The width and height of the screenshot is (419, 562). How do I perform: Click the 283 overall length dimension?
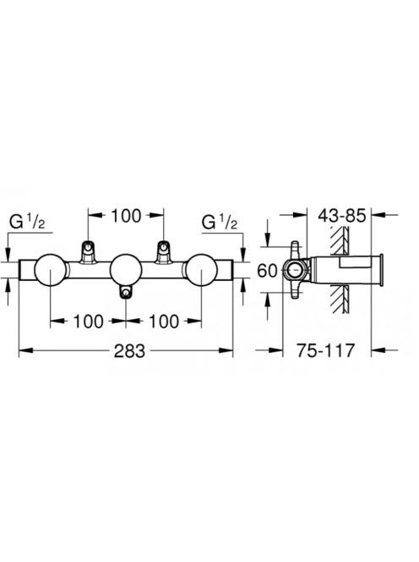(129, 350)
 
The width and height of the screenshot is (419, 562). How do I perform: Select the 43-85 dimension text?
(342, 216)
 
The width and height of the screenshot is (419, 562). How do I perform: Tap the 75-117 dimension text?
(325, 350)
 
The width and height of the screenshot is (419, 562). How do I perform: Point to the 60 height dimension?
(267, 271)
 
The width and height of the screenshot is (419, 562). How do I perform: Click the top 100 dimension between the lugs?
(126, 216)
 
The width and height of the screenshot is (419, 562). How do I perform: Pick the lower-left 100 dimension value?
(89, 321)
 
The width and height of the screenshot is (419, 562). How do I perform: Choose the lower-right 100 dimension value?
(164, 321)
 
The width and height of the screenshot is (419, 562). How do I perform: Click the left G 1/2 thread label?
(27, 223)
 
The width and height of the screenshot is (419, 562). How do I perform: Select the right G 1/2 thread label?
(220, 223)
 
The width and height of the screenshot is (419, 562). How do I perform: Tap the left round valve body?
(50, 271)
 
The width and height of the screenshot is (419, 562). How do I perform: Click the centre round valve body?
(126, 271)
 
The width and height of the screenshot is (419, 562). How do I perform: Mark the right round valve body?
(201, 271)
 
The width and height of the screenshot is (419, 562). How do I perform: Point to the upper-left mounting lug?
(88, 252)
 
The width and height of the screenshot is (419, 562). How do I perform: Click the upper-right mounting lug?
(163, 252)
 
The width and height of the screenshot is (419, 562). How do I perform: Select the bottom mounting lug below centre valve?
(126, 292)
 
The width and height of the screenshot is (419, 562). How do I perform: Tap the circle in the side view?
(296, 270)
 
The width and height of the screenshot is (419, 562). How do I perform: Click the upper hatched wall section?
(340, 241)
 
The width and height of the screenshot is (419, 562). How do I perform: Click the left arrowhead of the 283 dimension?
(25, 350)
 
